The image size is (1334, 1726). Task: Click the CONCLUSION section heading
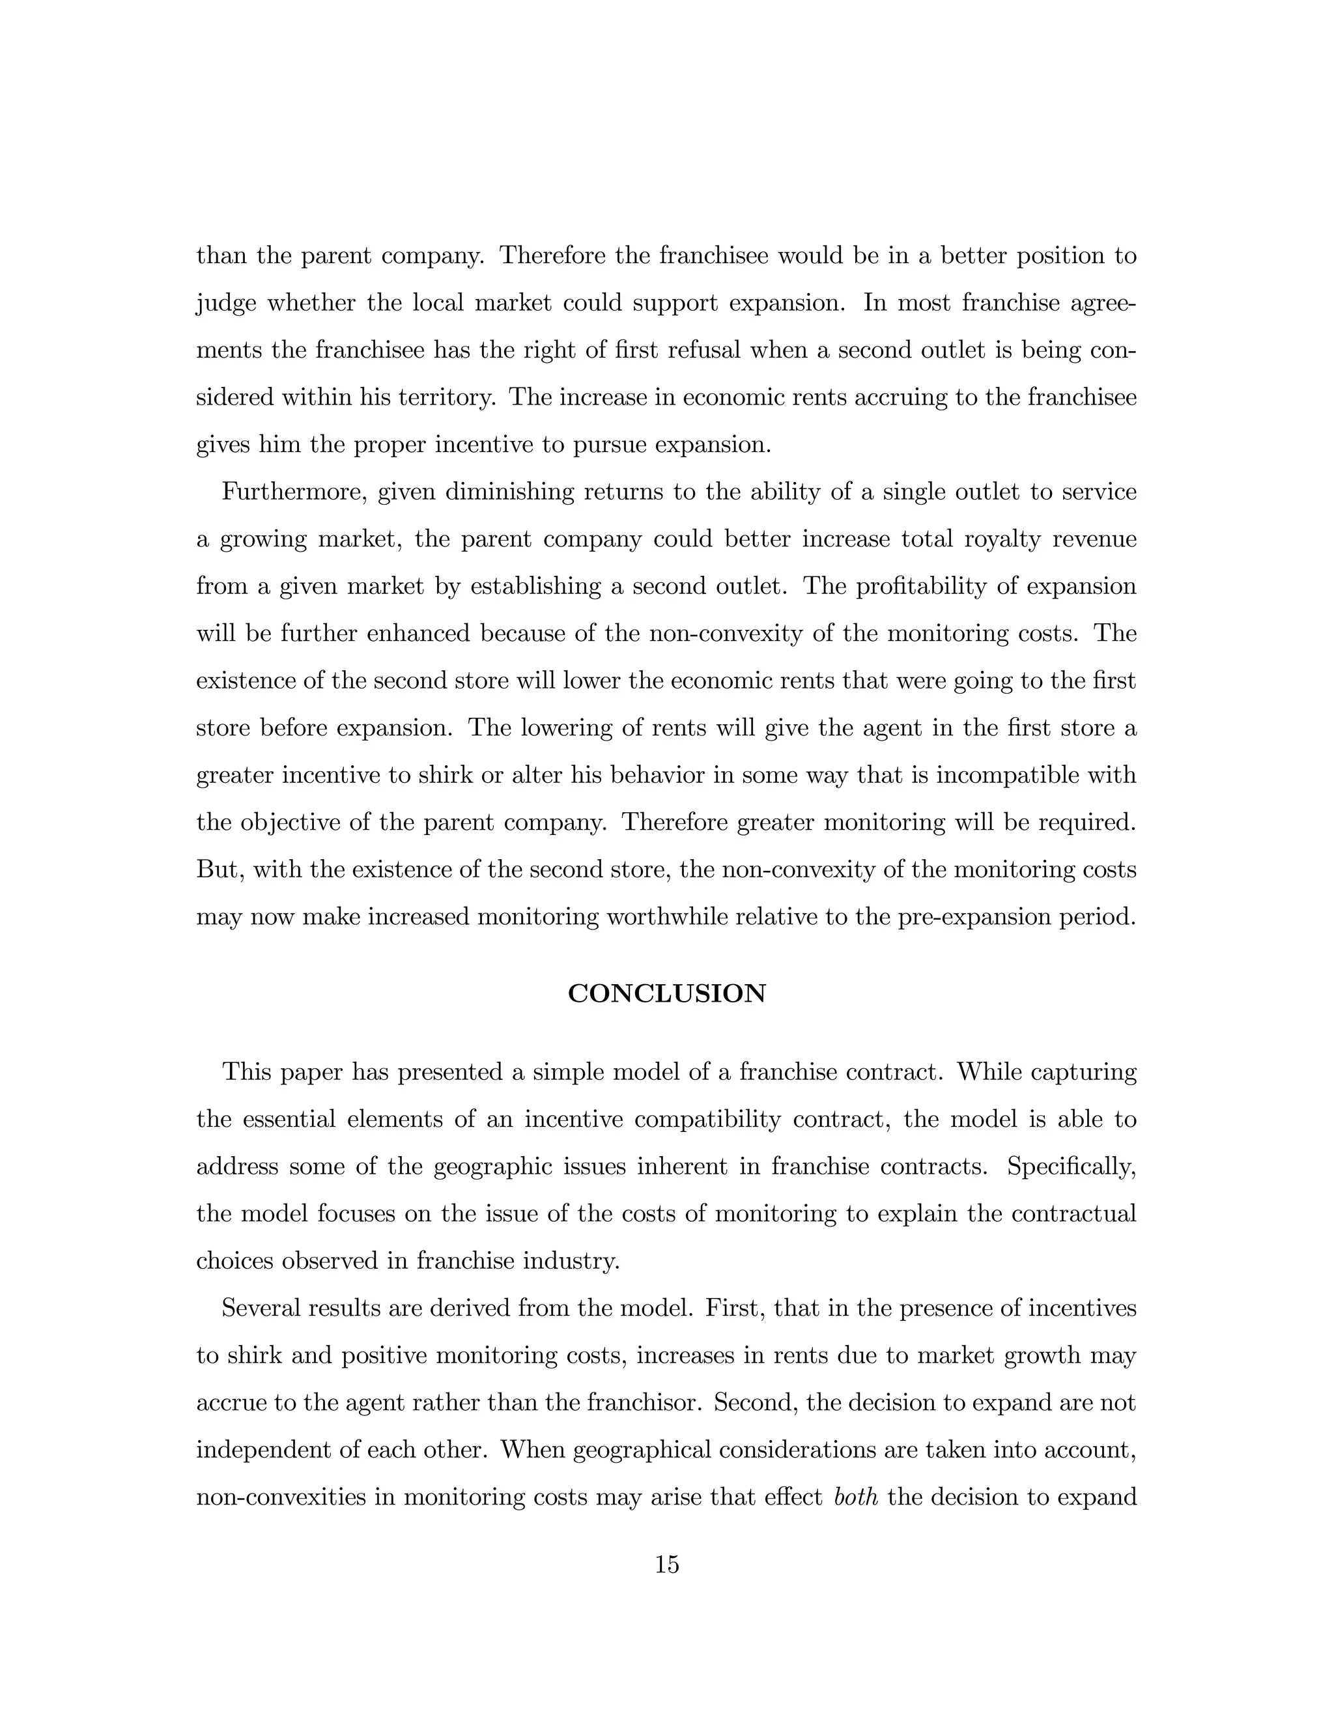[666, 993]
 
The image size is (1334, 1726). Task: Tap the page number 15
[666, 1564]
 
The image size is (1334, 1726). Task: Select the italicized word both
[856, 1497]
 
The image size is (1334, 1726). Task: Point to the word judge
[226, 304]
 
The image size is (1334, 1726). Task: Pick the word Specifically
[1071, 1167]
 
